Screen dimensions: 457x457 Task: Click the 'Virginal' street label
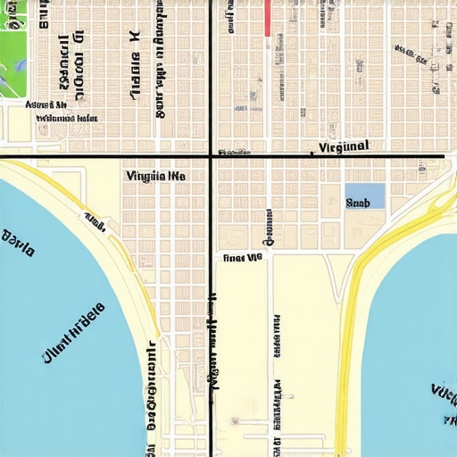click(x=344, y=146)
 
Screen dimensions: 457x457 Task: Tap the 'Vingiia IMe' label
click(x=156, y=177)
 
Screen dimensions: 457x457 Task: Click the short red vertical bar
click(x=267, y=18)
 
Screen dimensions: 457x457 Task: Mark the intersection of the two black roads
click(x=211, y=157)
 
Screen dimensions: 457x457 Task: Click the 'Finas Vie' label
click(x=242, y=257)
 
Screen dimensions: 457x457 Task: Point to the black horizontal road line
click(x=107, y=157)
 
